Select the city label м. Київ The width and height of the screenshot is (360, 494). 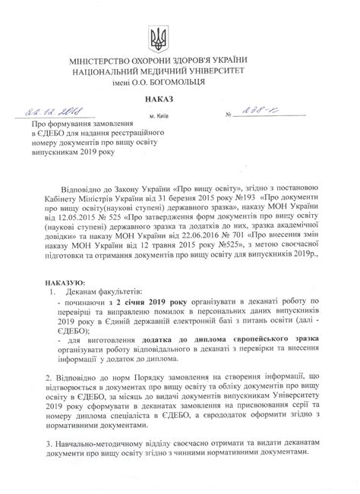pos(160,116)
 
